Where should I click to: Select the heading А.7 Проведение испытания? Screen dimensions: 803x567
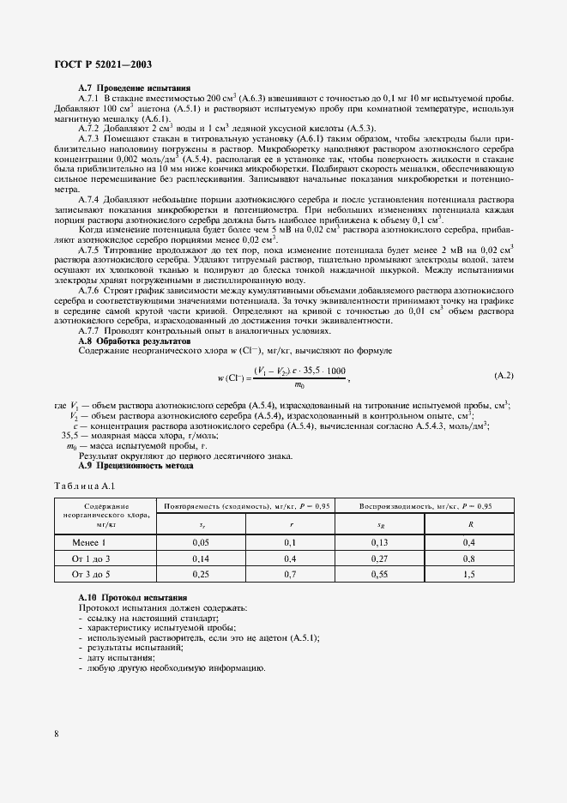click(134, 88)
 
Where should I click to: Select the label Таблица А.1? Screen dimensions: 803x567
click(78, 486)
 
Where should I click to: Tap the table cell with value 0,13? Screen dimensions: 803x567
click(380, 542)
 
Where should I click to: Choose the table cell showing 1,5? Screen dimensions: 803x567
click(469, 575)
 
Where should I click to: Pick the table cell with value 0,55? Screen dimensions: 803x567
click(380, 575)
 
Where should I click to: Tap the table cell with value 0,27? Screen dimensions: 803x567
click(380, 558)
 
